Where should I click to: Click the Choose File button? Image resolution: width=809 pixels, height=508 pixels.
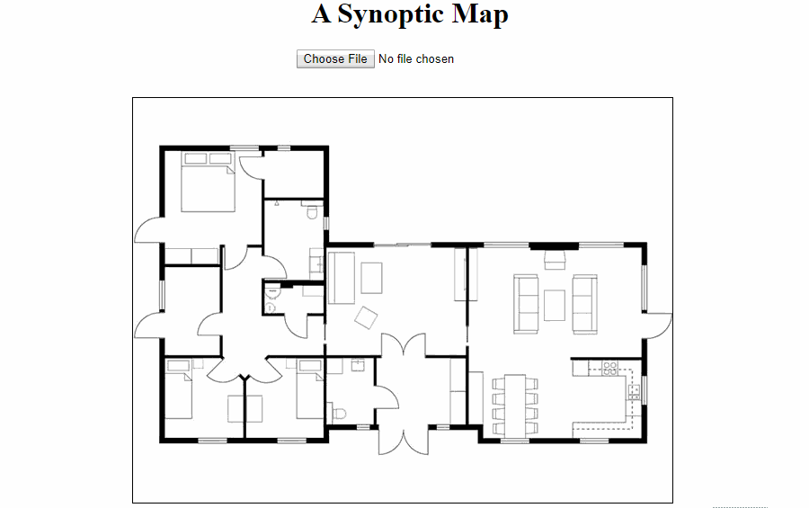[x=335, y=58]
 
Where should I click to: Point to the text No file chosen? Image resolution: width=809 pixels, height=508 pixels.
[x=416, y=58]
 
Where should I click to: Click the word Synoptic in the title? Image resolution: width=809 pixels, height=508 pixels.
[x=391, y=14]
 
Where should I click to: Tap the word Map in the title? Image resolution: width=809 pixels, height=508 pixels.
[x=480, y=14]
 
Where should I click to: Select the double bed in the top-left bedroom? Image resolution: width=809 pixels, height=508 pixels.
[x=208, y=182]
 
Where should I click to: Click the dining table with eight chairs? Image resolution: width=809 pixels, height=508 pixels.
[x=515, y=406]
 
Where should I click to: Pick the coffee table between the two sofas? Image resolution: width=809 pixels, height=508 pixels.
[x=555, y=305]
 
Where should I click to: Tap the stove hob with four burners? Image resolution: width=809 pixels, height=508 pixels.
[x=609, y=368]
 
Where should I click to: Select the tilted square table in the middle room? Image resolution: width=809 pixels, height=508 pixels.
[x=366, y=317]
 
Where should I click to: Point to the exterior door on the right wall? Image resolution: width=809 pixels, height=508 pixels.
[x=658, y=325]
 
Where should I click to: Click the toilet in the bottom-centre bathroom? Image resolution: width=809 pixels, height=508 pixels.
[x=339, y=414]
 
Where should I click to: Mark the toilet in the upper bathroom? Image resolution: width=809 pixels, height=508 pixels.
[x=312, y=212]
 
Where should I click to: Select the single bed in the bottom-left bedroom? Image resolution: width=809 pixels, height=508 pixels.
[x=179, y=389]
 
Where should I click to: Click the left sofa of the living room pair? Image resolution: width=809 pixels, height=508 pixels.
[x=526, y=304]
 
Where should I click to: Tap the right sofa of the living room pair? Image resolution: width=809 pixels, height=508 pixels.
[x=585, y=304]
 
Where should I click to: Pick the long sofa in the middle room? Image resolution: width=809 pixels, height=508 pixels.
[x=342, y=277]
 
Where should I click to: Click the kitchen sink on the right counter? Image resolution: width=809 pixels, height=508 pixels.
[x=634, y=391]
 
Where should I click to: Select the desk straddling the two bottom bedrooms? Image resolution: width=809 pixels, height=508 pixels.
[x=245, y=409]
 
